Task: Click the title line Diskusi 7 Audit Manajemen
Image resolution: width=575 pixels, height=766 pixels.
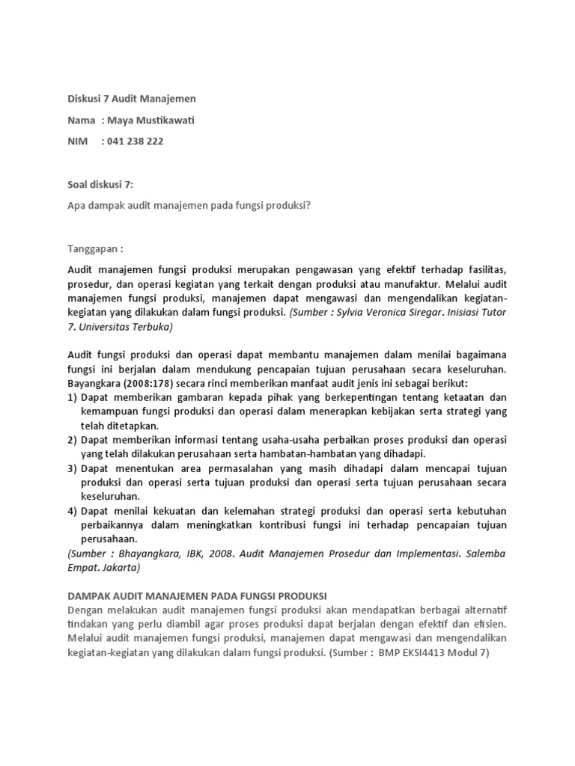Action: click(x=132, y=99)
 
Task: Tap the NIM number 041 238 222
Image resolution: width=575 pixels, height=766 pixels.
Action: click(x=136, y=141)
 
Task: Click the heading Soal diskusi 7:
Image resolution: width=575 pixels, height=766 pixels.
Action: click(x=100, y=185)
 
